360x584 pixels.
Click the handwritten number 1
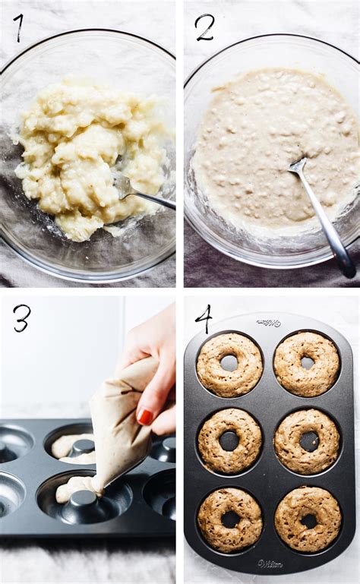pyautogui.click(x=18, y=27)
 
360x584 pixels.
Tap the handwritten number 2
pyautogui.click(x=204, y=27)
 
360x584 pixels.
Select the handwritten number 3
pyautogui.click(x=21, y=317)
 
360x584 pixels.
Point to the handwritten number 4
pyautogui.click(x=204, y=317)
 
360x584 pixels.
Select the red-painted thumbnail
pyautogui.click(x=145, y=416)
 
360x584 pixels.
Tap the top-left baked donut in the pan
pyautogui.click(x=229, y=364)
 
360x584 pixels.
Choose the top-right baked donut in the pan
pyautogui.click(x=307, y=364)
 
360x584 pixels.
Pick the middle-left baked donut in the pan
pyautogui.click(x=229, y=440)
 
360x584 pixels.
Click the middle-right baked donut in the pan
pyautogui.click(x=308, y=441)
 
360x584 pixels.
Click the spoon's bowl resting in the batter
pyautogui.click(x=298, y=165)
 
